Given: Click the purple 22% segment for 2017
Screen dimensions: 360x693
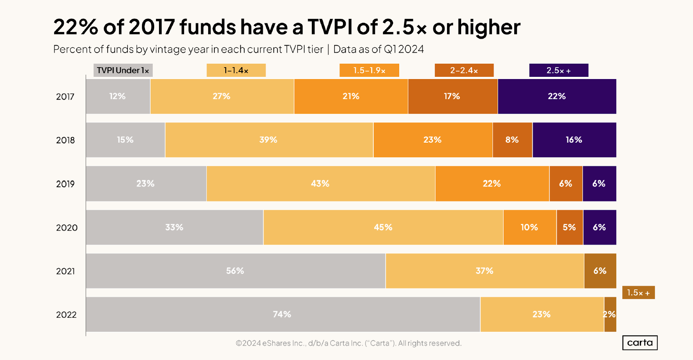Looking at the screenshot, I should tap(556, 97).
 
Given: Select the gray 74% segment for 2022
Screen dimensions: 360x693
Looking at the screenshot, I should tap(282, 314).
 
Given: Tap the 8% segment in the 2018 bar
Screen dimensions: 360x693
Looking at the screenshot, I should tap(512, 140).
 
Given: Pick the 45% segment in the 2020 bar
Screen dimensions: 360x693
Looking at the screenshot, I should tap(383, 227).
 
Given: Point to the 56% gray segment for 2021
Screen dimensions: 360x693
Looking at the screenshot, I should tap(235, 271).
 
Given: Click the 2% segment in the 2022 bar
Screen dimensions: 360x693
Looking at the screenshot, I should tap(610, 314).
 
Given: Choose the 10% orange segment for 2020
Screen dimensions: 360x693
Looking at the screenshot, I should tap(529, 227).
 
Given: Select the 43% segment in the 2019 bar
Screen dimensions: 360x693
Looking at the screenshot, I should tap(320, 184).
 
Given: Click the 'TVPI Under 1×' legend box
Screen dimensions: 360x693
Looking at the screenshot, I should tap(123, 70).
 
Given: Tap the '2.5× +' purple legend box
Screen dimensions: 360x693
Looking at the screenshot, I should tap(559, 70).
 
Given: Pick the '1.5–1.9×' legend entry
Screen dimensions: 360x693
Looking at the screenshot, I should tap(369, 70).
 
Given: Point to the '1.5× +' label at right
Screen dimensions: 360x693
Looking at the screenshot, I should tap(638, 292).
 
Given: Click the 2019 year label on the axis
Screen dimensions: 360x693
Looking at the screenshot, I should tap(65, 184).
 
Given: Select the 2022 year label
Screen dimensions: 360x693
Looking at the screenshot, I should tap(66, 315).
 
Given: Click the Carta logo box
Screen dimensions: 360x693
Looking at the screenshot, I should tap(640, 342).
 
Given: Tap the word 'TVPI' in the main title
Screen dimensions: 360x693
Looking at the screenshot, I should tap(330, 27).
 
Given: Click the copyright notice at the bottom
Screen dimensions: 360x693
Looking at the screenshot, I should tap(349, 343).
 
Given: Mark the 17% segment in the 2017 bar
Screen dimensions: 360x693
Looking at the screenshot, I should tap(452, 97).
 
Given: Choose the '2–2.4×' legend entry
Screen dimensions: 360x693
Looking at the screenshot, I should tap(464, 70).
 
